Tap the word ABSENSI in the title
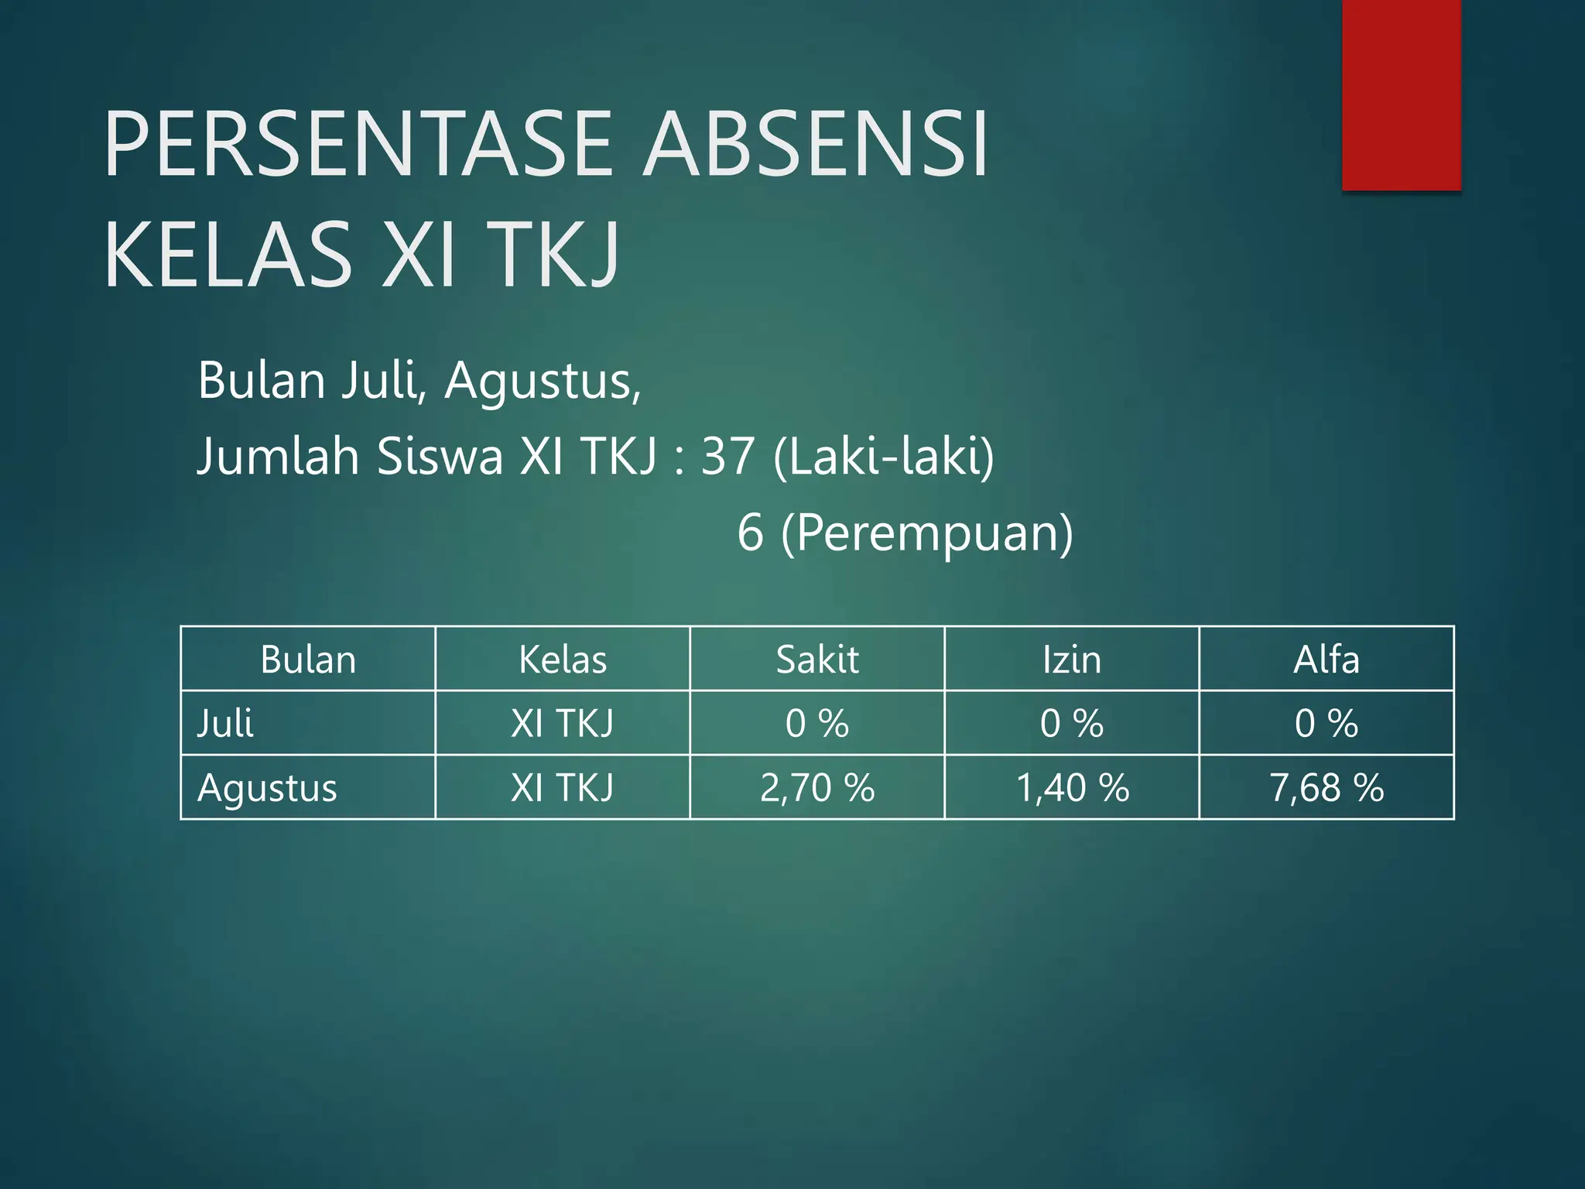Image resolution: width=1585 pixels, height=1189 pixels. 816,145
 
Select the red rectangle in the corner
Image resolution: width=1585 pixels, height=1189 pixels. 1401,94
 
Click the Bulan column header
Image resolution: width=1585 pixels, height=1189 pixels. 308,660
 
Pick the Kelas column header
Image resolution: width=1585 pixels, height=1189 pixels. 563,660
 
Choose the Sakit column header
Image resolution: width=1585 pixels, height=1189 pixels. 817,660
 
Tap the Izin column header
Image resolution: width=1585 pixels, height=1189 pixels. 1072,660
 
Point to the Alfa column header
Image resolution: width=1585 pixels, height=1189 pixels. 1327,660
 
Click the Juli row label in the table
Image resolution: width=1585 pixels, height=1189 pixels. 225,724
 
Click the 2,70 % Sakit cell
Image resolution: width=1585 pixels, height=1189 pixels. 817,788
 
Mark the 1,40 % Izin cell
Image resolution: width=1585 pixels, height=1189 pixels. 1072,788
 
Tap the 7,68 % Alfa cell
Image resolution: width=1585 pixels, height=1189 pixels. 1327,788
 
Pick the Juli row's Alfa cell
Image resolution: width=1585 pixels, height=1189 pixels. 1327,724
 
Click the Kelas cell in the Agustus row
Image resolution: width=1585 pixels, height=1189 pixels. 563,788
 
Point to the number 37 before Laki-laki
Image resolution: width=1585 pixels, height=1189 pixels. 727,456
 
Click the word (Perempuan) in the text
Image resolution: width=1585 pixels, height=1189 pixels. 927,533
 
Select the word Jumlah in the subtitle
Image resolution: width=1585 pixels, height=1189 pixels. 278,456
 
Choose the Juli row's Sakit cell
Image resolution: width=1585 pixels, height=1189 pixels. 817,724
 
